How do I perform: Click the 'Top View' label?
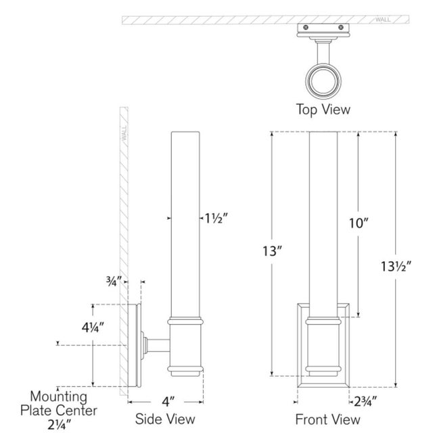(x=323, y=110)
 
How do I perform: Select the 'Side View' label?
(x=165, y=419)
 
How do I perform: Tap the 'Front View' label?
(x=327, y=419)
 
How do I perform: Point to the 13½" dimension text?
(x=396, y=267)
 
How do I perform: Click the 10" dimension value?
(x=359, y=223)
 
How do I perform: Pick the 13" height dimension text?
(x=272, y=251)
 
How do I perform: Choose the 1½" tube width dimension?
(x=216, y=219)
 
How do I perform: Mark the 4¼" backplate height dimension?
(x=93, y=327)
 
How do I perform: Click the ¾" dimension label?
(x=114, y=281)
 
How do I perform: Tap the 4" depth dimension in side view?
(x=168, y=402)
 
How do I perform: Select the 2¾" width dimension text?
(x=365, y=401)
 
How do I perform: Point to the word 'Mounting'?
(x=59, y=396)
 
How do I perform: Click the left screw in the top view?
(x=305, y=27)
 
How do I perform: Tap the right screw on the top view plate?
(x=341, y=27)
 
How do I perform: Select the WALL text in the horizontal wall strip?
(x=383, y=20)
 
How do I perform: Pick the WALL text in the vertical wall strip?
(x=124, y=133)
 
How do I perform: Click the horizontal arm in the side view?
(x=158, y=346)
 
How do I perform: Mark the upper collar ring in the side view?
(x=185, y=321)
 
